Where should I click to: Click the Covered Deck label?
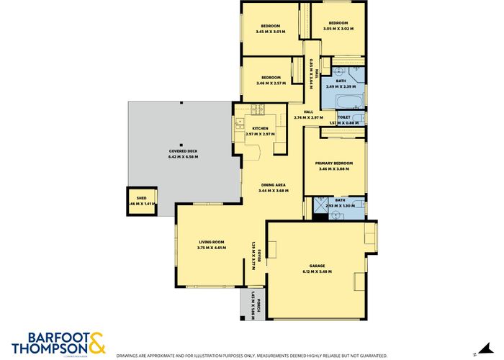183,151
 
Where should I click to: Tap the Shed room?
142,201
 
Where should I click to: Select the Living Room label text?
212,242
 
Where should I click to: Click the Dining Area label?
273,186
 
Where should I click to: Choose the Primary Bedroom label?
333,163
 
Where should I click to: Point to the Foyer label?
258,254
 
